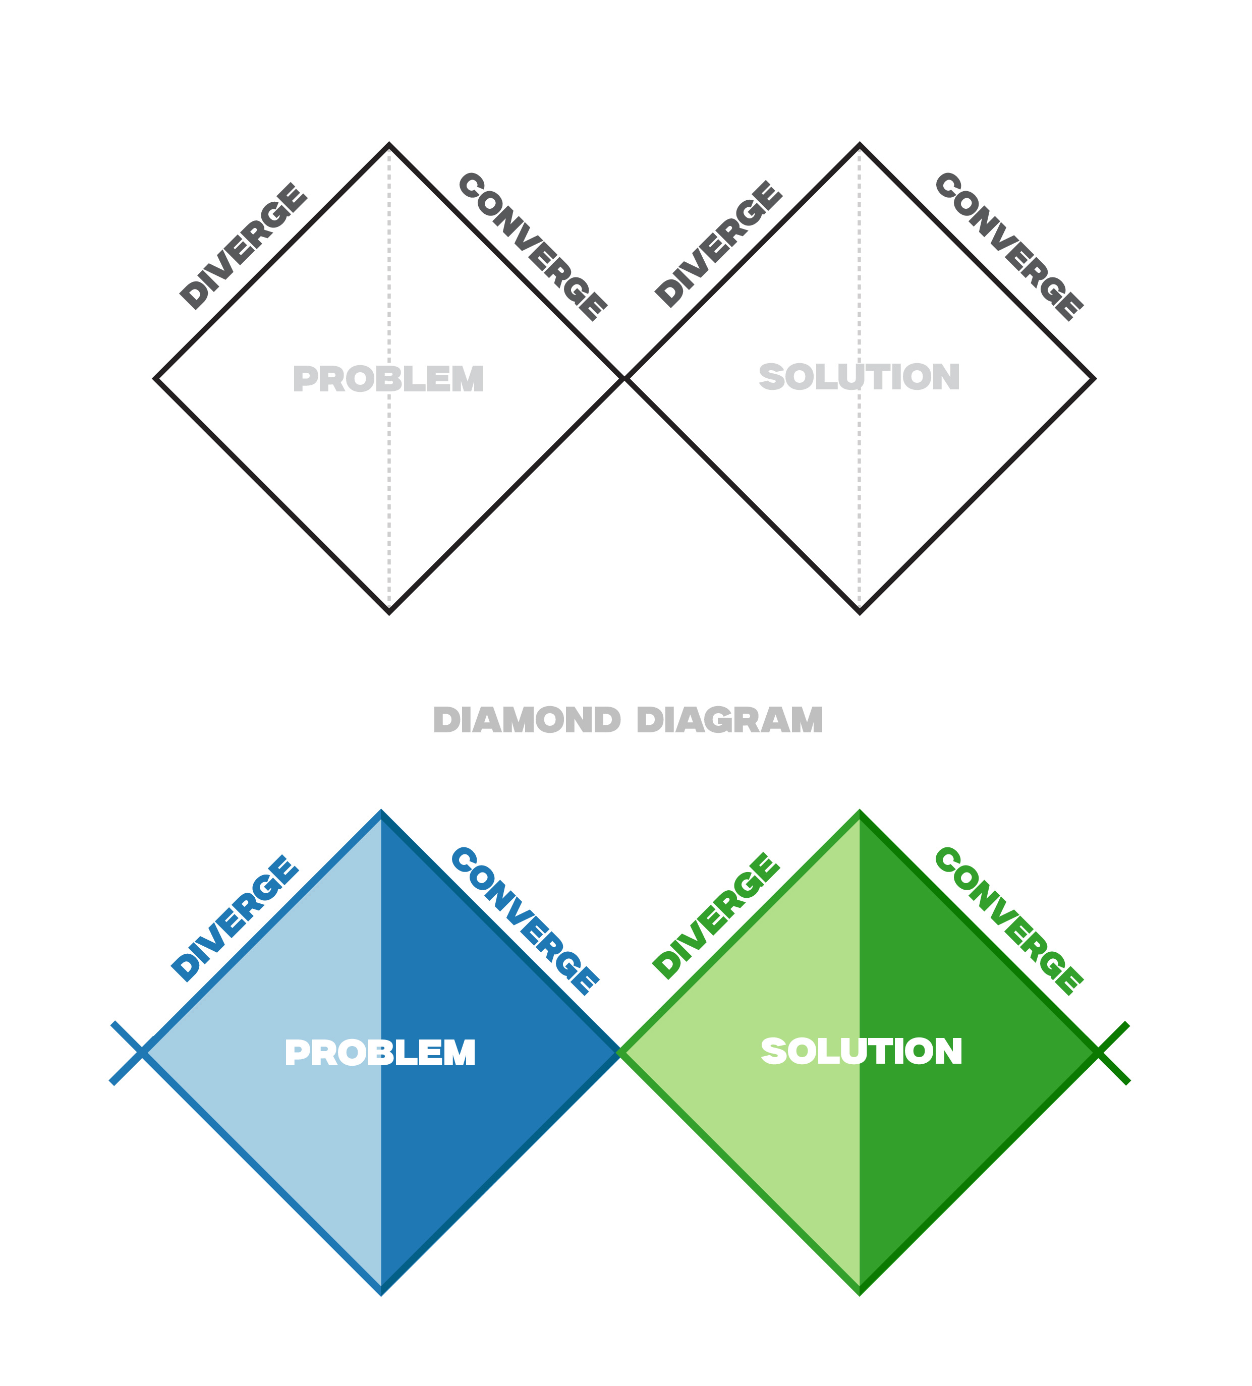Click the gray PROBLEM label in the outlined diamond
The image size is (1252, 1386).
tap(388, 379)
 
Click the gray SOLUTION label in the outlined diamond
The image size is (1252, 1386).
tap(860, 377)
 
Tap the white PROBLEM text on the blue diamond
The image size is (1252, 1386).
tap(380, 1053)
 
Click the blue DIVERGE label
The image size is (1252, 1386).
tap(235, 918)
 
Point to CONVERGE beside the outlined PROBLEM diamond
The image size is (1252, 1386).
tap(532, 247)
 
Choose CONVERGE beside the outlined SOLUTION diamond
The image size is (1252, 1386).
tap(1009, 247)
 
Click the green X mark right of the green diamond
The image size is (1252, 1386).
tap(1099, 1053)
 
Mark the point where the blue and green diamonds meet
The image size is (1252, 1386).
tap(619, 1053)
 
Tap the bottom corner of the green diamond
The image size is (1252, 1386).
tap(860, 1294)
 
